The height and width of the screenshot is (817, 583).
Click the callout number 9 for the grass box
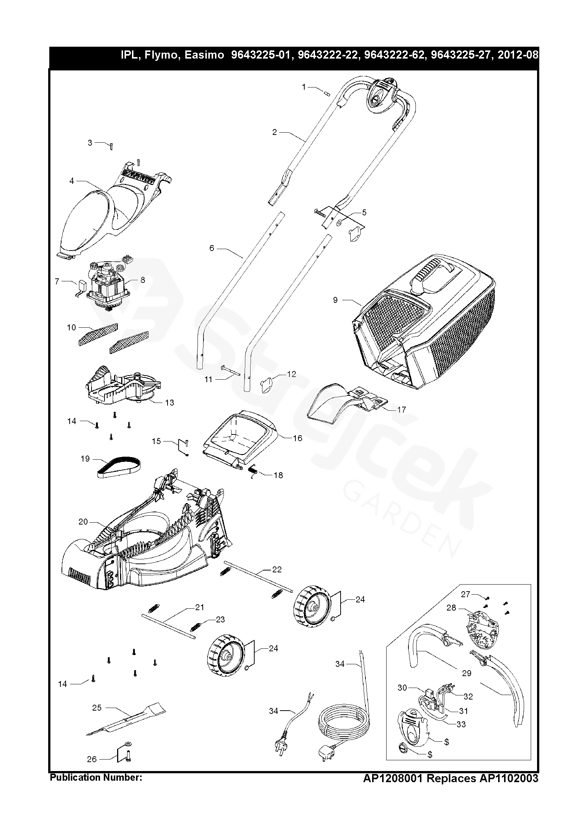[x=335, y=300]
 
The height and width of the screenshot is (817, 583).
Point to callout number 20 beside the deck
[x=83, y=522]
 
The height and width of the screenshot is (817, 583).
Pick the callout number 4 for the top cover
[x=72, y=181]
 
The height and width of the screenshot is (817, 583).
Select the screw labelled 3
[x=111, y=147]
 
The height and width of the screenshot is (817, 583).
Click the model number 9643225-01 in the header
[x=260, y=55]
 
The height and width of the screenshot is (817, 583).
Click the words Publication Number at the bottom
[x=96, y=806]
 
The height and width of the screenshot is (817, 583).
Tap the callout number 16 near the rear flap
[x=298, y=438]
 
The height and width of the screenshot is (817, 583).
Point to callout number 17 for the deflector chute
[x=401, y=410]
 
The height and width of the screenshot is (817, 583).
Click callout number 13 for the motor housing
[x=169, y=403]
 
